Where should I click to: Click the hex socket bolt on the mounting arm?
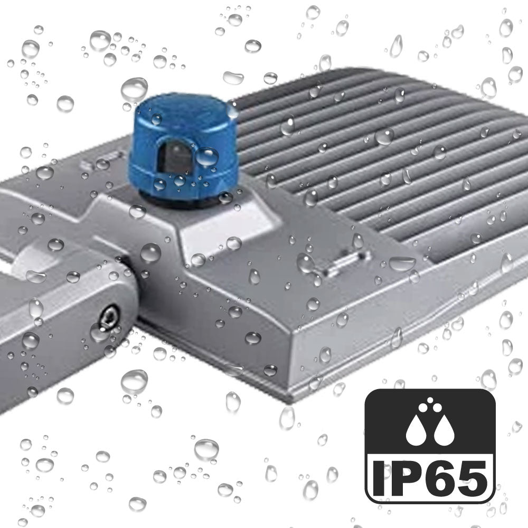pos(109,317)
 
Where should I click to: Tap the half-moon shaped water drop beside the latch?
pos(402,262)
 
